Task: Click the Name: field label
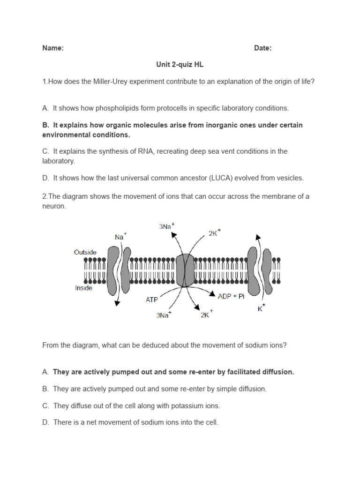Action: tap(53, 48)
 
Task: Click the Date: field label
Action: tap(262, 48)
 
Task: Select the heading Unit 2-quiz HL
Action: tap(180, 65)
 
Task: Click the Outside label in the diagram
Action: tap(85, 252)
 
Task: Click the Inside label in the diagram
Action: tap(83, 288)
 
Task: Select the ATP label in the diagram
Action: tap(152, 300)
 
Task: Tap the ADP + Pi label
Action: tap(231, 296)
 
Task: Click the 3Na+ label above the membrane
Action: tap(166, 226)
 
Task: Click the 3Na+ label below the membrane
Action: tap(164, 315)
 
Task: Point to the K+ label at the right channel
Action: tap(262, 309)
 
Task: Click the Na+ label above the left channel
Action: tap(120, 237)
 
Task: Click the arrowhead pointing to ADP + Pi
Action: tap(212, 294)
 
